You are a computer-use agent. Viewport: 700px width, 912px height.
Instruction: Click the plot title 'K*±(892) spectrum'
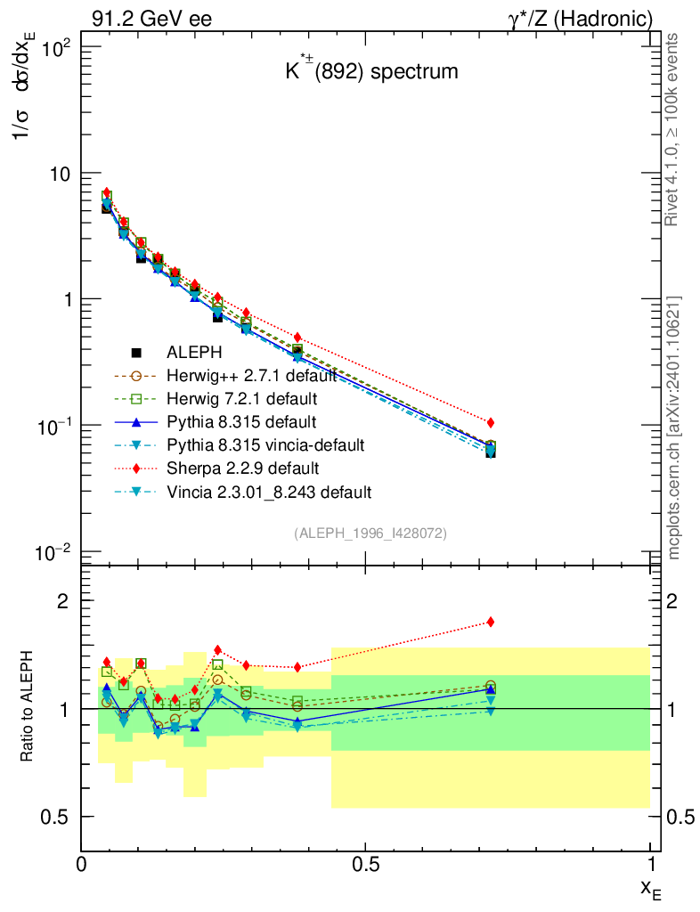371,71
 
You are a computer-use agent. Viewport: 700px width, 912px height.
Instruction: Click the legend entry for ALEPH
199,352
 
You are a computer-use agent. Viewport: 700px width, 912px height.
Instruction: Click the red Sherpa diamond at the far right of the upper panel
491,422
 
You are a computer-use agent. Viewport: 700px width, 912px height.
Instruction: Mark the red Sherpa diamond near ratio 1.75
491,622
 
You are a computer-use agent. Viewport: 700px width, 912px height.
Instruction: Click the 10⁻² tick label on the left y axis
53,553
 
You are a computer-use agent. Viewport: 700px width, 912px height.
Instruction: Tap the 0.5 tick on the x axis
365,864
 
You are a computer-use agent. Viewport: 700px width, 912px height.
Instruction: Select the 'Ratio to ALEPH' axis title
27,708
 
